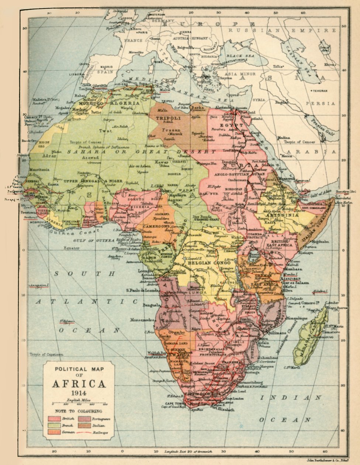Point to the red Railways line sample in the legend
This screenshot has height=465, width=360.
[84, 433]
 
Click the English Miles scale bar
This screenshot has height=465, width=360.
[79, 404]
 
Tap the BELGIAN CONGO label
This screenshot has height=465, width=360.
[205, 263]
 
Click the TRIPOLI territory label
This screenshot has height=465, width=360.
[167, 118]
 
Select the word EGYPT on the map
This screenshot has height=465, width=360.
[231, 125]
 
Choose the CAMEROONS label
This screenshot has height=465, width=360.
[151, 227]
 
